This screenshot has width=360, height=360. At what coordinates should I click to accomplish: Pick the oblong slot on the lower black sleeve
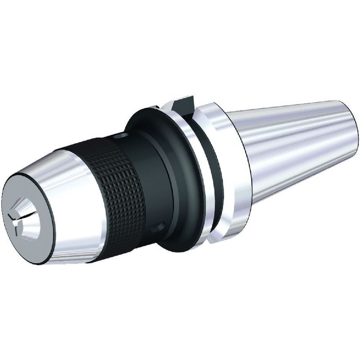pos(158,228)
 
